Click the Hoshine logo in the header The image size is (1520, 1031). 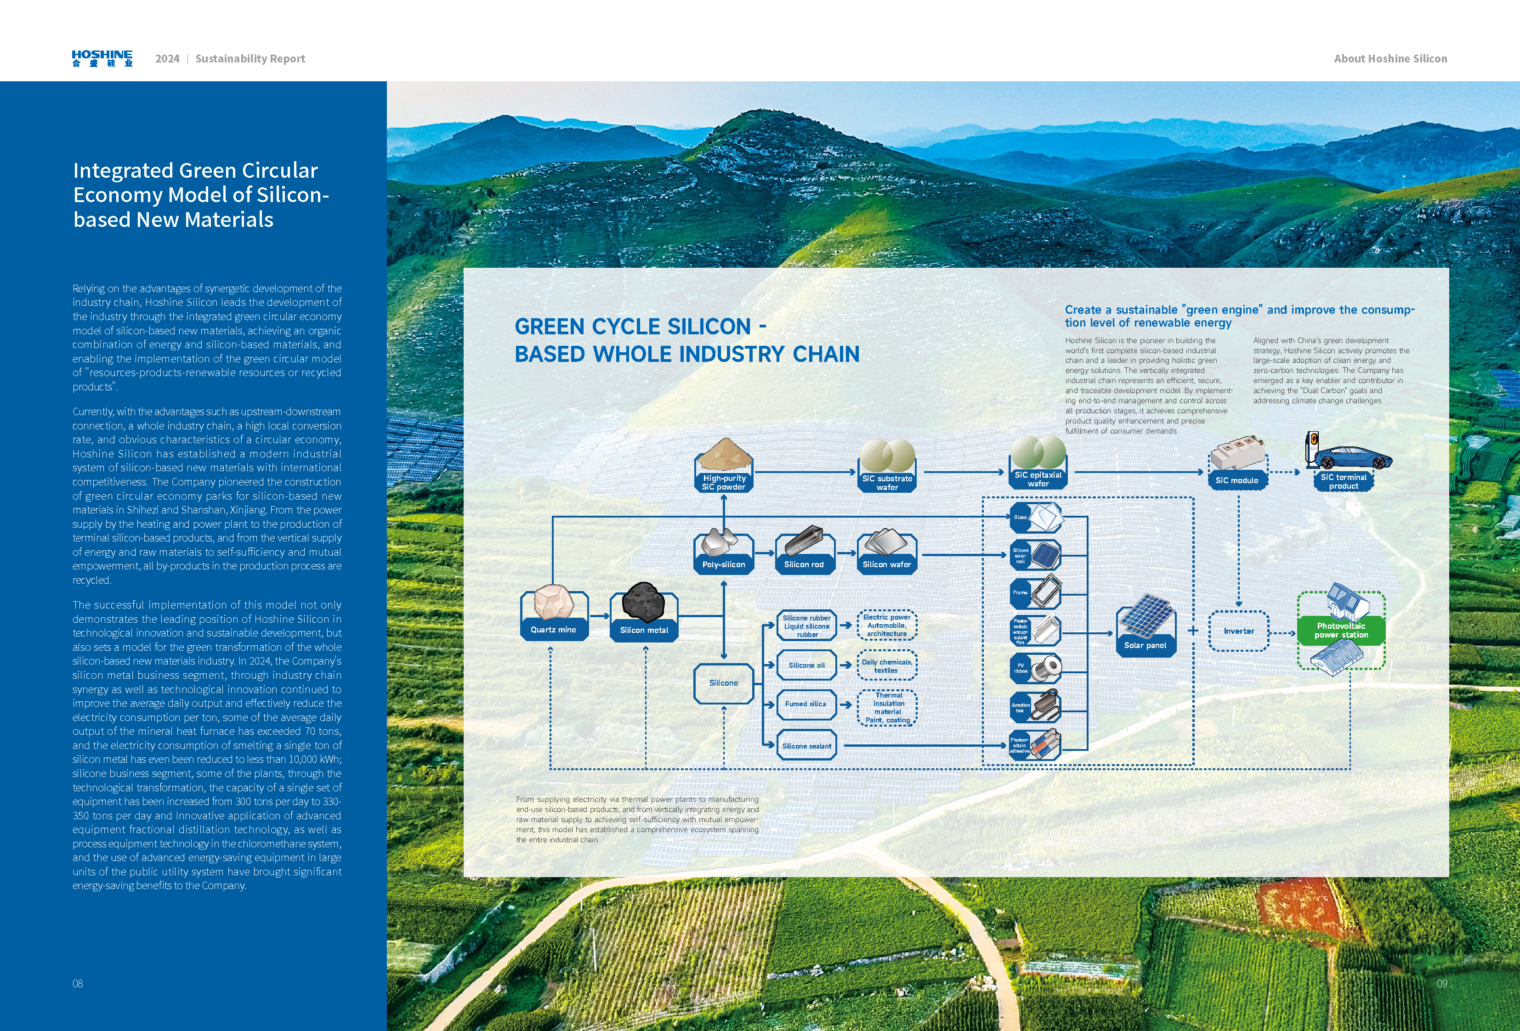102,58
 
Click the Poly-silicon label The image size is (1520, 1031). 723,564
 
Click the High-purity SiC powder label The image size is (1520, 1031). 723,483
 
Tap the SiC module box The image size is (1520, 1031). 1237,480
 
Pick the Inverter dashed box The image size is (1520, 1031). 1239,631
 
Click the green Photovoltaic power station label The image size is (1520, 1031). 1341,630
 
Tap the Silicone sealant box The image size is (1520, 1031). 806,745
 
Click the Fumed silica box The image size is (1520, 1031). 806,704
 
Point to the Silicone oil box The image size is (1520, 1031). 806,665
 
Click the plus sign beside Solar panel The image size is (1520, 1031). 1193,630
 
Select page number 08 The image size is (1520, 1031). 78,983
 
